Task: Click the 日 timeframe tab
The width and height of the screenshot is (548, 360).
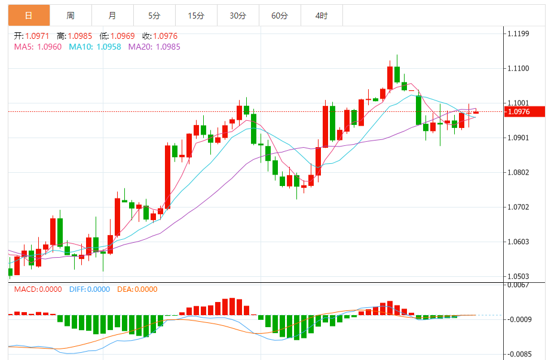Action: point(29,16)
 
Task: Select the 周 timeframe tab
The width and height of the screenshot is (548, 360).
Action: point(71,16)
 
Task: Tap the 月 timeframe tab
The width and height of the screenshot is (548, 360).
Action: point(113,16)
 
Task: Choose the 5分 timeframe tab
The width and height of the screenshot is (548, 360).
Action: point(155,16)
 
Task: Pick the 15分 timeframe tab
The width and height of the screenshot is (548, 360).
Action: point(196,16)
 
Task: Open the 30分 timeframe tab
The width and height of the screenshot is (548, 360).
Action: point(238,16)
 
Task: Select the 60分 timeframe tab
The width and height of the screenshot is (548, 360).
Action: point(280,16)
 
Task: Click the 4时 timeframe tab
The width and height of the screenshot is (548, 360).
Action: point(321,16)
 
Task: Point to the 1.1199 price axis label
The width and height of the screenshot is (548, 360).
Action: point(518,33)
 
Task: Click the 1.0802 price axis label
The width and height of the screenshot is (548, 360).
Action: point(518,173)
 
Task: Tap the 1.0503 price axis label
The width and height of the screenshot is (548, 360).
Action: point(518,277)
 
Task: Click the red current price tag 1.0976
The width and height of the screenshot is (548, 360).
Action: point(525,111)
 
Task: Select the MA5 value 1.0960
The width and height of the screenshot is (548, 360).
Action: point(50,47)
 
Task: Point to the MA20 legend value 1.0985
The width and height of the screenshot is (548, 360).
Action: point(168,47)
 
